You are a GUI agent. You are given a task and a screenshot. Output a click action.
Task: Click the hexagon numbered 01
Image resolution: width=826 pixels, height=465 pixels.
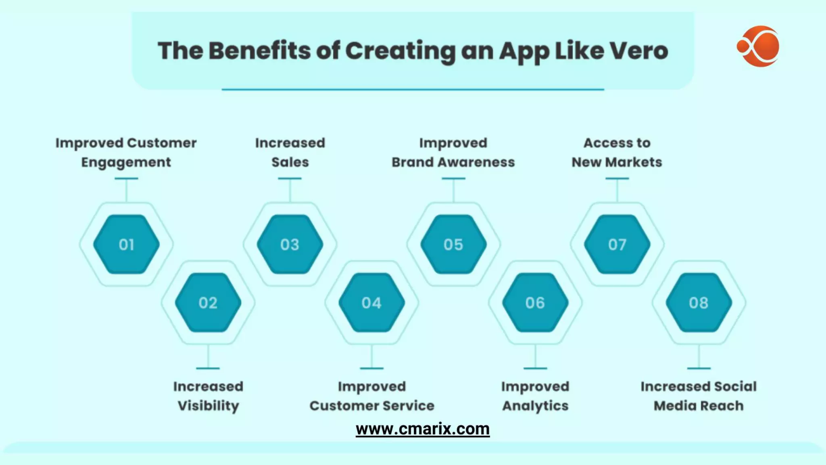[x=126, y=244]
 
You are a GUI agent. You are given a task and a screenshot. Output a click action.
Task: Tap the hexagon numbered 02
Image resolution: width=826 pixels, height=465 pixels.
[x=208, y=303]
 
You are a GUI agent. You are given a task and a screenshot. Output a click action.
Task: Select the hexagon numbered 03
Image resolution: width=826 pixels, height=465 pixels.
[x=290, y=244]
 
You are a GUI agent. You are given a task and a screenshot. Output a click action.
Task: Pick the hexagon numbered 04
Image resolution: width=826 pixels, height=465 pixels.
[x=371, y=303]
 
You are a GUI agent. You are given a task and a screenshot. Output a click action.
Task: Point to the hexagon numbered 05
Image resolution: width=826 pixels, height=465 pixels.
[x=453, y=244]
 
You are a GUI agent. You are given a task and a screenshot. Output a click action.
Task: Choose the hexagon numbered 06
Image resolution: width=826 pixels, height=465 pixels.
[x=535, y=303]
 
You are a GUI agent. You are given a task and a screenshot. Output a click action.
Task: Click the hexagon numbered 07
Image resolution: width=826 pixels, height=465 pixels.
[x=617, y=244]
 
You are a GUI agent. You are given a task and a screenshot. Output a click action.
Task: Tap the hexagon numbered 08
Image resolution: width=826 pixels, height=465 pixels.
[x=699, y=303]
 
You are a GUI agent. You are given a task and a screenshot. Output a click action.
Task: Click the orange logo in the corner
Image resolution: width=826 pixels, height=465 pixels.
[x=759, y=46]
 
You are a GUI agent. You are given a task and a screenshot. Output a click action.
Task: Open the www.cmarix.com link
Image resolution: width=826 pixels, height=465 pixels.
[x=422, y=429]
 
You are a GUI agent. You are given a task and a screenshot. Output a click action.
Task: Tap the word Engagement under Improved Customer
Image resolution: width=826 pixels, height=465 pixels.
[x=126, y=163]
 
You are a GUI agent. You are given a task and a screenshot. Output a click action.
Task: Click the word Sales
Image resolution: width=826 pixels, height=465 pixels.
[x=290, y=162]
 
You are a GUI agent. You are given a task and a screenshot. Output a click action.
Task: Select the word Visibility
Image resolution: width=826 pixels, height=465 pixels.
[x=208, y=406]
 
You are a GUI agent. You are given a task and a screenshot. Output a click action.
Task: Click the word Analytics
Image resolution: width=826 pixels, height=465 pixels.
[x=535, y=406]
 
